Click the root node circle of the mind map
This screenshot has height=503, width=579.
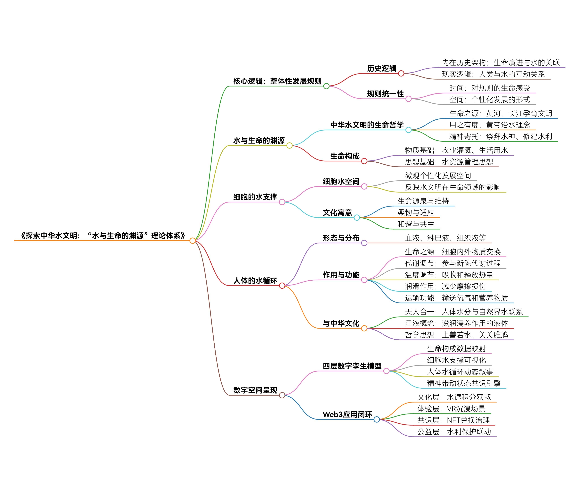pyautogui.click(x=192, y=241)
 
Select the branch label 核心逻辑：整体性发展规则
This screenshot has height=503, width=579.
pyautogui.click(x=277, y=81)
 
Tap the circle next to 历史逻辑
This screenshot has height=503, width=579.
pyautogui.click(x=401, y=73)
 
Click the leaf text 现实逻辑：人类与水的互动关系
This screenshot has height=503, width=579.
pyautogui.click(x=493, y=74)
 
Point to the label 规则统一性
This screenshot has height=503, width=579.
pyautogui.click(x=385, y=94)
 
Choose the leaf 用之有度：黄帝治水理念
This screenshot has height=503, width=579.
pyautogui.click(x=490, y=125)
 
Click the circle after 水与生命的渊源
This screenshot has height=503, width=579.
pyautogui.click(x=289, y=145)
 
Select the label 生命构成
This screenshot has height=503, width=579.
pyautogui.click(x=345, y=156)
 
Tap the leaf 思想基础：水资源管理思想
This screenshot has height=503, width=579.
pyautogui.click(x=449, y=162)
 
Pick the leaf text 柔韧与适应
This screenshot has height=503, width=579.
pyautogui.click(x=416, y=213)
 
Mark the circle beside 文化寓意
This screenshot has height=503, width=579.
pyautogui.click(x=357, y=218)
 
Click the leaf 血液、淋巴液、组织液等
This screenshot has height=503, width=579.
pyautogui.click(x=445, y=238)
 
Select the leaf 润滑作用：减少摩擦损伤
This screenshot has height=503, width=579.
pyautogui.click(x=445, y=286)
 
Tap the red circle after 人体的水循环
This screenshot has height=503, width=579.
pyautogui.click(x=282, y=286)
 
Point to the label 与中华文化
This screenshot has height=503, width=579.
pyautogui.click(x=341, y=323)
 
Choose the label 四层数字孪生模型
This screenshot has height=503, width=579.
pyautogui.click(x=352, y=366)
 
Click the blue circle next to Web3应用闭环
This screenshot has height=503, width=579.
pyautogui.click(x=377, y=419)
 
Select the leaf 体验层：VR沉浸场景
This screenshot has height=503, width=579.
pyautogui.click(x=451, y=409)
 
